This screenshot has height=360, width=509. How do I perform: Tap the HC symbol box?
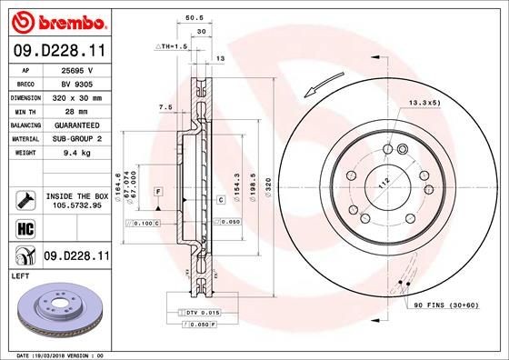[x=25, y=228]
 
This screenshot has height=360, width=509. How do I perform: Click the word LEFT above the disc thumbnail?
[x=18, y=275]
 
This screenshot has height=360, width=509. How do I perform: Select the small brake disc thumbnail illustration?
[x=56, y=310]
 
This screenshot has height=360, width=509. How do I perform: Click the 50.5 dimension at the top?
[x=193, y=16]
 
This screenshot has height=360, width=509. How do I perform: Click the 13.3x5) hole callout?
[x=424, y=103]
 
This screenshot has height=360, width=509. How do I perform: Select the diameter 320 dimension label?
[x=268, y=189]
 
